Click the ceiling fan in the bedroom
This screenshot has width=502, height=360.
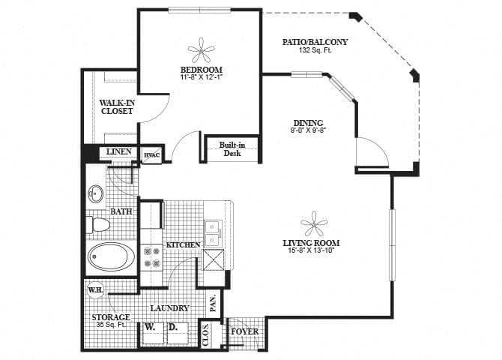[x=200, y=51]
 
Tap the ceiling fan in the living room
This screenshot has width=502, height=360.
[x=312, y=223]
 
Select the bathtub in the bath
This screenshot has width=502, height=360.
[x=111, y=258]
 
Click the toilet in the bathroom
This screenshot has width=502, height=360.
[x=98, y=224]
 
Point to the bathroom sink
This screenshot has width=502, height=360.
[x=96, y=195]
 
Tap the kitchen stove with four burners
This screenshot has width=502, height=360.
[x=151, y=258]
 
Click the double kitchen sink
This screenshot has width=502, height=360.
[x=212, y=232]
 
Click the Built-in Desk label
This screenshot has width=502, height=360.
[x=229, y=148]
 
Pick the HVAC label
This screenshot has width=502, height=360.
[x=152, y=154]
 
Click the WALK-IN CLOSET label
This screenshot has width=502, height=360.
[x=116, y=106]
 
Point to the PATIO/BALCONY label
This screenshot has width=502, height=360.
[x=315, y=42]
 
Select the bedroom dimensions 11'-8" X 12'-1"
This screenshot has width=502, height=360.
[x=200, y=76]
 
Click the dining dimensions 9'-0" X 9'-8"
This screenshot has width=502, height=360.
[x=308, y=130]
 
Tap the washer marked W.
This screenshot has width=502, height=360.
[x=150, y=328]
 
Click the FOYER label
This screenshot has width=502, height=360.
[x=244, y=331]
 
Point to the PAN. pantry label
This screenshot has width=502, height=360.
[x=213, y=303]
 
